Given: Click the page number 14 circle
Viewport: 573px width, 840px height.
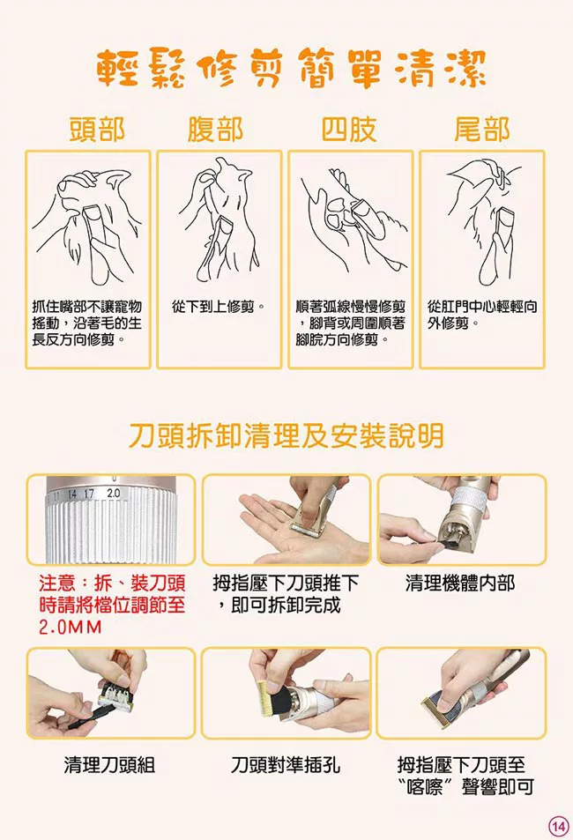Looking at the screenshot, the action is pyautogui.click(x=558, y=826).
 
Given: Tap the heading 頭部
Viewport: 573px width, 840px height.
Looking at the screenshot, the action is pyautogui.click(x=97, y=130).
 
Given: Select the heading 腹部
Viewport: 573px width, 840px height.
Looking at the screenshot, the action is pyautogui.click(x=215, y=130).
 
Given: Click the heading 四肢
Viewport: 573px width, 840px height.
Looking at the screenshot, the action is pyautogui.click(x=349, y=130).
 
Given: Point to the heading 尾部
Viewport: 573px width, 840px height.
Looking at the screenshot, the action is pyautogui.click(x=482, y=130).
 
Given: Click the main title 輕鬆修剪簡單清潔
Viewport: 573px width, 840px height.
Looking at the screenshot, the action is pyautogui.click(x=292, y=69).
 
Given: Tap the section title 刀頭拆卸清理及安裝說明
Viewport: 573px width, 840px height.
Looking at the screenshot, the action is pyautogui.click(x=286, y=435).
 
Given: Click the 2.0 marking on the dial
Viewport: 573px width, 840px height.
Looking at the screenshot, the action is pyautogui.click(x=114, y=493).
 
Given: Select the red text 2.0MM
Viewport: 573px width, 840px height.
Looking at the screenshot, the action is pyautogui.click(x=71, y=627).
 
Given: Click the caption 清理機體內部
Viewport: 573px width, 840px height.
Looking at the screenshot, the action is pyautogui.click(x=460, y=583).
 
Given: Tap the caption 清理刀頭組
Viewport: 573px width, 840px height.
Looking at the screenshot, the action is pyautogui.click(x=109, y=764).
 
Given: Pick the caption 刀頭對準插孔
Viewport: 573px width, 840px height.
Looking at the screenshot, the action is pyautogui.click(x=285, y=764).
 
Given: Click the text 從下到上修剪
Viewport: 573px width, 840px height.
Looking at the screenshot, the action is pyautogui.click(x=218, y=307).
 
